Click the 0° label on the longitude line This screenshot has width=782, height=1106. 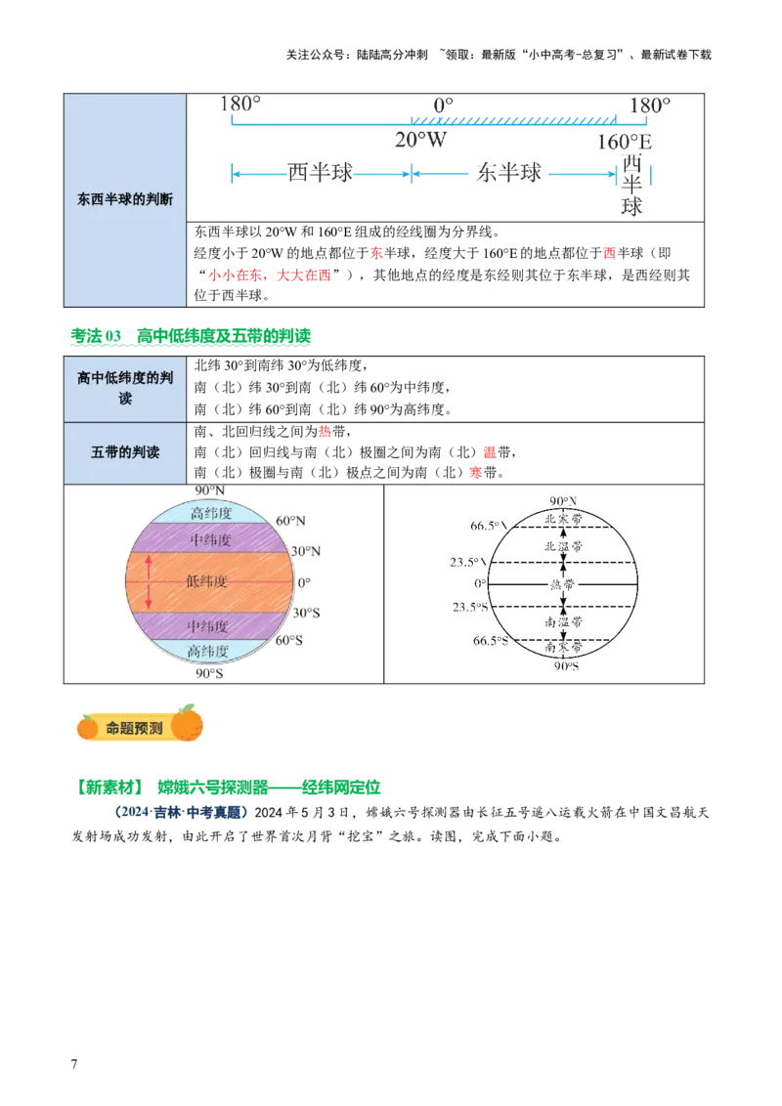(443, 103)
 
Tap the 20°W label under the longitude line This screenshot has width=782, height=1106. (420, 139)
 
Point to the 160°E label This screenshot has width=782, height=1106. (627, 143)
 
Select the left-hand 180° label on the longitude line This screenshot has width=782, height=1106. (240, 103)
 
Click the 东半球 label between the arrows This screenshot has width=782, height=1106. (508, 173)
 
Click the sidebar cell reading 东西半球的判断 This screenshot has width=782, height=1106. (125, 199)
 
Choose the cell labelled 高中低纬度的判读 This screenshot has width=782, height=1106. (125, 389)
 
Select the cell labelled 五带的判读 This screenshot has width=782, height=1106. (125, 452)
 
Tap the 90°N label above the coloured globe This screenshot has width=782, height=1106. (209, 490)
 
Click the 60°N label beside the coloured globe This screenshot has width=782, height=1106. (289, 521)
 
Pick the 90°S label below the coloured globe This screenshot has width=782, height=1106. (209, 672)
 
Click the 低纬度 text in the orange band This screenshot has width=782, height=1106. (207, 581)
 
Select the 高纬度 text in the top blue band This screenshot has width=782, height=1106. (211, 513)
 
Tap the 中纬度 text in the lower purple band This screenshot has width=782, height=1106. (207, 625)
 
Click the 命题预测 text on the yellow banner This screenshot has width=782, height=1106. (135, 728)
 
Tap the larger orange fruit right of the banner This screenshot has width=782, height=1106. (187, 724)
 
